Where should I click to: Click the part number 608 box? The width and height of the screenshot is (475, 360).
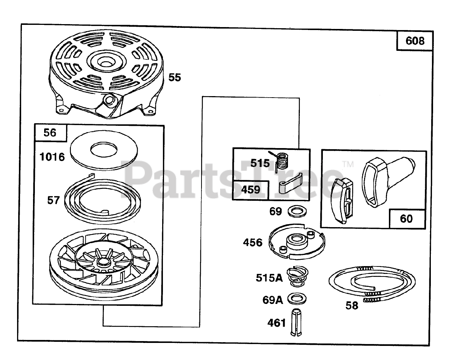[x=415, y=40]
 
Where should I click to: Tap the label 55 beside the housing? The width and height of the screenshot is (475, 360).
[x=175, y=77]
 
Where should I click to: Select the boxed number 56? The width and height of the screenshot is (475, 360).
[x=50, y=132]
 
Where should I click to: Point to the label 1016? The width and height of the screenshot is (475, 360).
[x=52, y=157]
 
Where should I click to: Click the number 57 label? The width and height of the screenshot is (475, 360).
[x=53, y=200]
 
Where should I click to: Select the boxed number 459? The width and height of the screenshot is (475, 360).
[x=250, y=189]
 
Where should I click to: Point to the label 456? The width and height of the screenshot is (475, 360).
[x=253, y=243]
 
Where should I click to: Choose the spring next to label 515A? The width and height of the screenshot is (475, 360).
[x=296, y=276]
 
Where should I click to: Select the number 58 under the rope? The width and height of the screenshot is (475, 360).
[x=352, y=305]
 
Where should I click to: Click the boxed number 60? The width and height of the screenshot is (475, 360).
[x=406, y=219]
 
